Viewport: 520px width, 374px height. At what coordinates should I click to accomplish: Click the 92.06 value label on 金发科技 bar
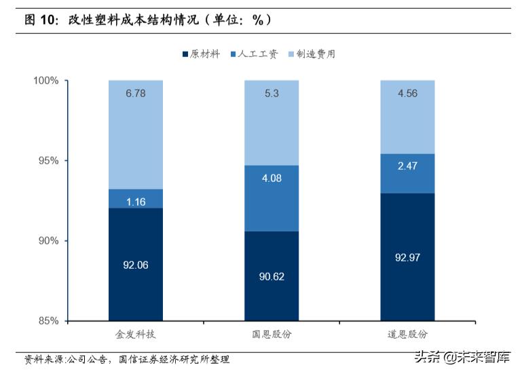click(x=136, y=265)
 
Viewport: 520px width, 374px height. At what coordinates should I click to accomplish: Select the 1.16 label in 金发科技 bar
click(x=136, y=202)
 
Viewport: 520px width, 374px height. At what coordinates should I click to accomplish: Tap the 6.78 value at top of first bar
click(x=136, y=94)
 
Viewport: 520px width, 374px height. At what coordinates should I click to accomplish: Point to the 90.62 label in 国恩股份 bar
click(x=272, y=278)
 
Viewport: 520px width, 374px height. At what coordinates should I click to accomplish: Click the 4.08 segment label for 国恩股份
click(x=272, y=179)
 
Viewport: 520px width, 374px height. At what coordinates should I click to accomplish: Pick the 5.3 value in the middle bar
click(x=272, y=94)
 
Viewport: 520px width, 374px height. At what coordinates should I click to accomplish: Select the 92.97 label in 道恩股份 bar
click(x=407, y=257)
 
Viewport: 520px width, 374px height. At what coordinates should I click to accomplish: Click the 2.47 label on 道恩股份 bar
click(x=407, y=166)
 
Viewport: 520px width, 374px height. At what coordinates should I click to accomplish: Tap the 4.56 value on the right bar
click(x=407, y=94)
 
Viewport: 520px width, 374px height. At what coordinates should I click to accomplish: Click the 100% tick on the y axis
click(x=46, y=81)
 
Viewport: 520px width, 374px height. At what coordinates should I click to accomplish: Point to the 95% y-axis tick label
click(x=48, y=161)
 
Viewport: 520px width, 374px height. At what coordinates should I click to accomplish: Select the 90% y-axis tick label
click(x=48, y=241)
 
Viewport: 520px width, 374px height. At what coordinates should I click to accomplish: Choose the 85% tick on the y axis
click(x=48, y=321)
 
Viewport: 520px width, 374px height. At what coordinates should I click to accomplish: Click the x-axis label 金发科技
click(x=136, y=335)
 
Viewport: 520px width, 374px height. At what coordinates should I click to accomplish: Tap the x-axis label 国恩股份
click(x=272, y=335)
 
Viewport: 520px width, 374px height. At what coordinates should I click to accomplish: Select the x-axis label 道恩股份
click(x=407, y=335)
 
